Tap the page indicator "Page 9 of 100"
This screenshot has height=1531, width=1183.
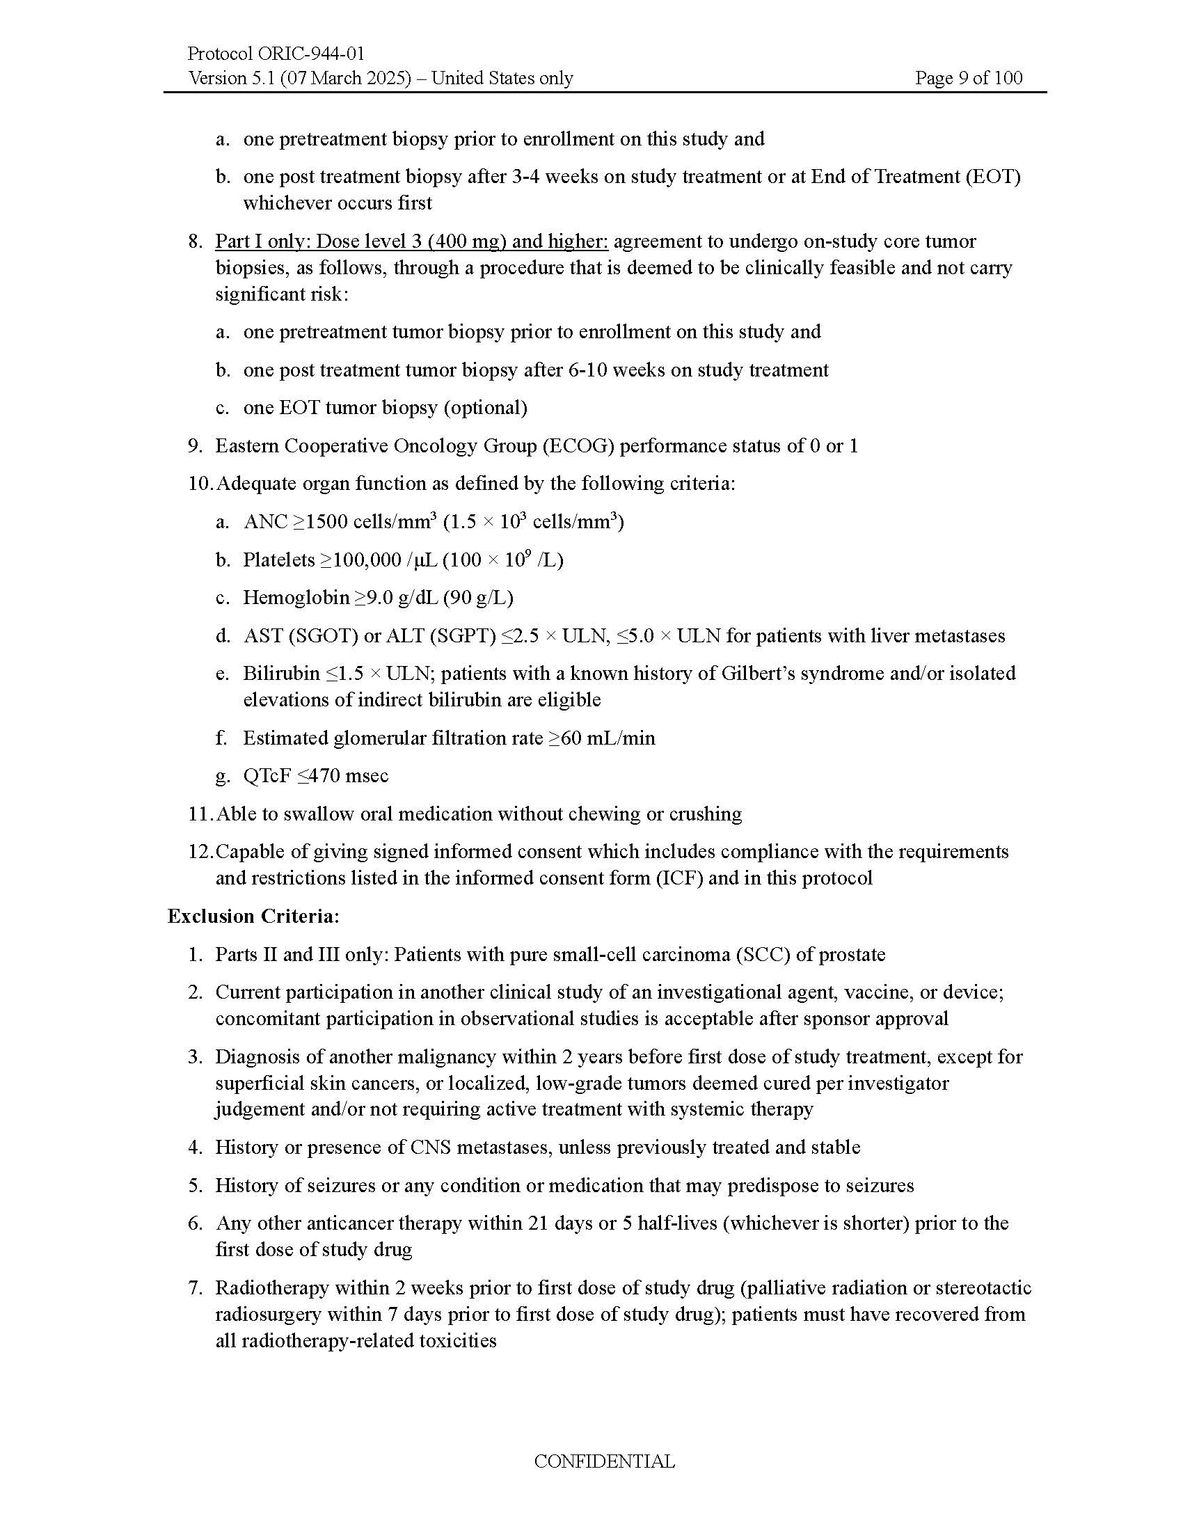pos(968,78)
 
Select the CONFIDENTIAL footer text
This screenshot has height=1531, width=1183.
pos(604,1461)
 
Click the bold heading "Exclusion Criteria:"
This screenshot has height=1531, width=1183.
pos(253,917)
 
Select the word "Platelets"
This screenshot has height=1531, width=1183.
pos(278,560)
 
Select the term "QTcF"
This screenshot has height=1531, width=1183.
pos(267,776)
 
